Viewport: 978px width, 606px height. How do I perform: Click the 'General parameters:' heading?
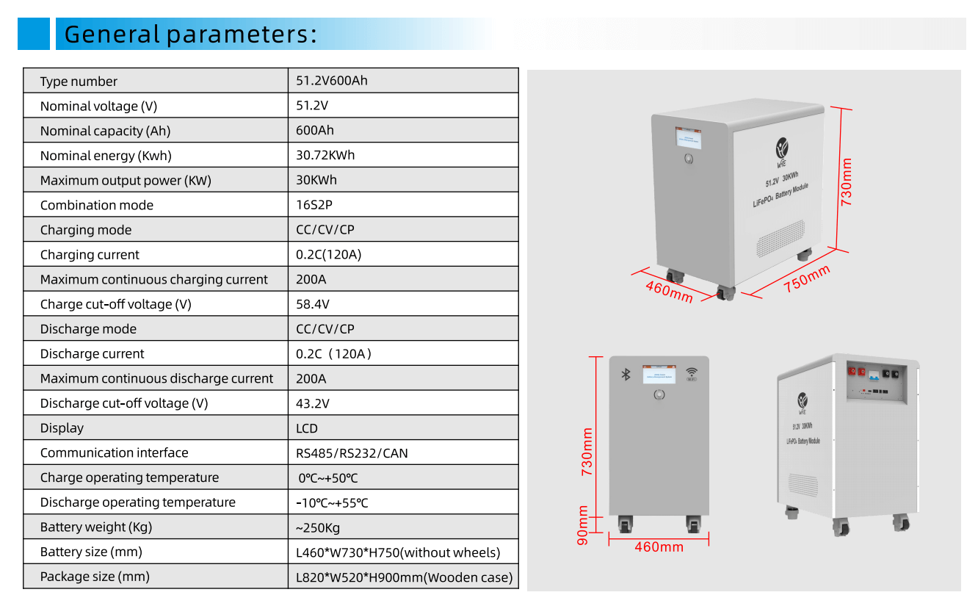[x=191, y=35]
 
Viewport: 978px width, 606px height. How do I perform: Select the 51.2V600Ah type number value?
[x=331, y=81]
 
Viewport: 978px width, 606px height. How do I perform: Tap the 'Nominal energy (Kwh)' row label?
[x=106, y=156]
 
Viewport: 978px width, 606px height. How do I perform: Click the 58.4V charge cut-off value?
[x=313, y=304]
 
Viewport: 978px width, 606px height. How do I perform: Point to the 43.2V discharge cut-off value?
[x=313, y=403]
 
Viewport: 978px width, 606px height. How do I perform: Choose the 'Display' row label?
[x=62, y=428]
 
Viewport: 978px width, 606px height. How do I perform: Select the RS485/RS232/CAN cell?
[x=352, y=453]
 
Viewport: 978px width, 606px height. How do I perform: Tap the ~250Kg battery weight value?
[x=318, y=527]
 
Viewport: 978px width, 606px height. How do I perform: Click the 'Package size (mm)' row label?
[x=95, y=577]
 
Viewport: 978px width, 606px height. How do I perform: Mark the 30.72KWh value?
[x=325, y=156]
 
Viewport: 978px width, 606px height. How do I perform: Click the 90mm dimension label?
[x=584, y=524]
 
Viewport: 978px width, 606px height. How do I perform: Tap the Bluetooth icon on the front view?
[x=626, y=375]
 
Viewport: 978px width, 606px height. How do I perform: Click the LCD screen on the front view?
[x=659, y=375]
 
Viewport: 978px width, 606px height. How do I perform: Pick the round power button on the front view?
[x=659, y=395]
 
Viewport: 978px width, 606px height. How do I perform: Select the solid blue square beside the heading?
[x=34, y=35]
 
